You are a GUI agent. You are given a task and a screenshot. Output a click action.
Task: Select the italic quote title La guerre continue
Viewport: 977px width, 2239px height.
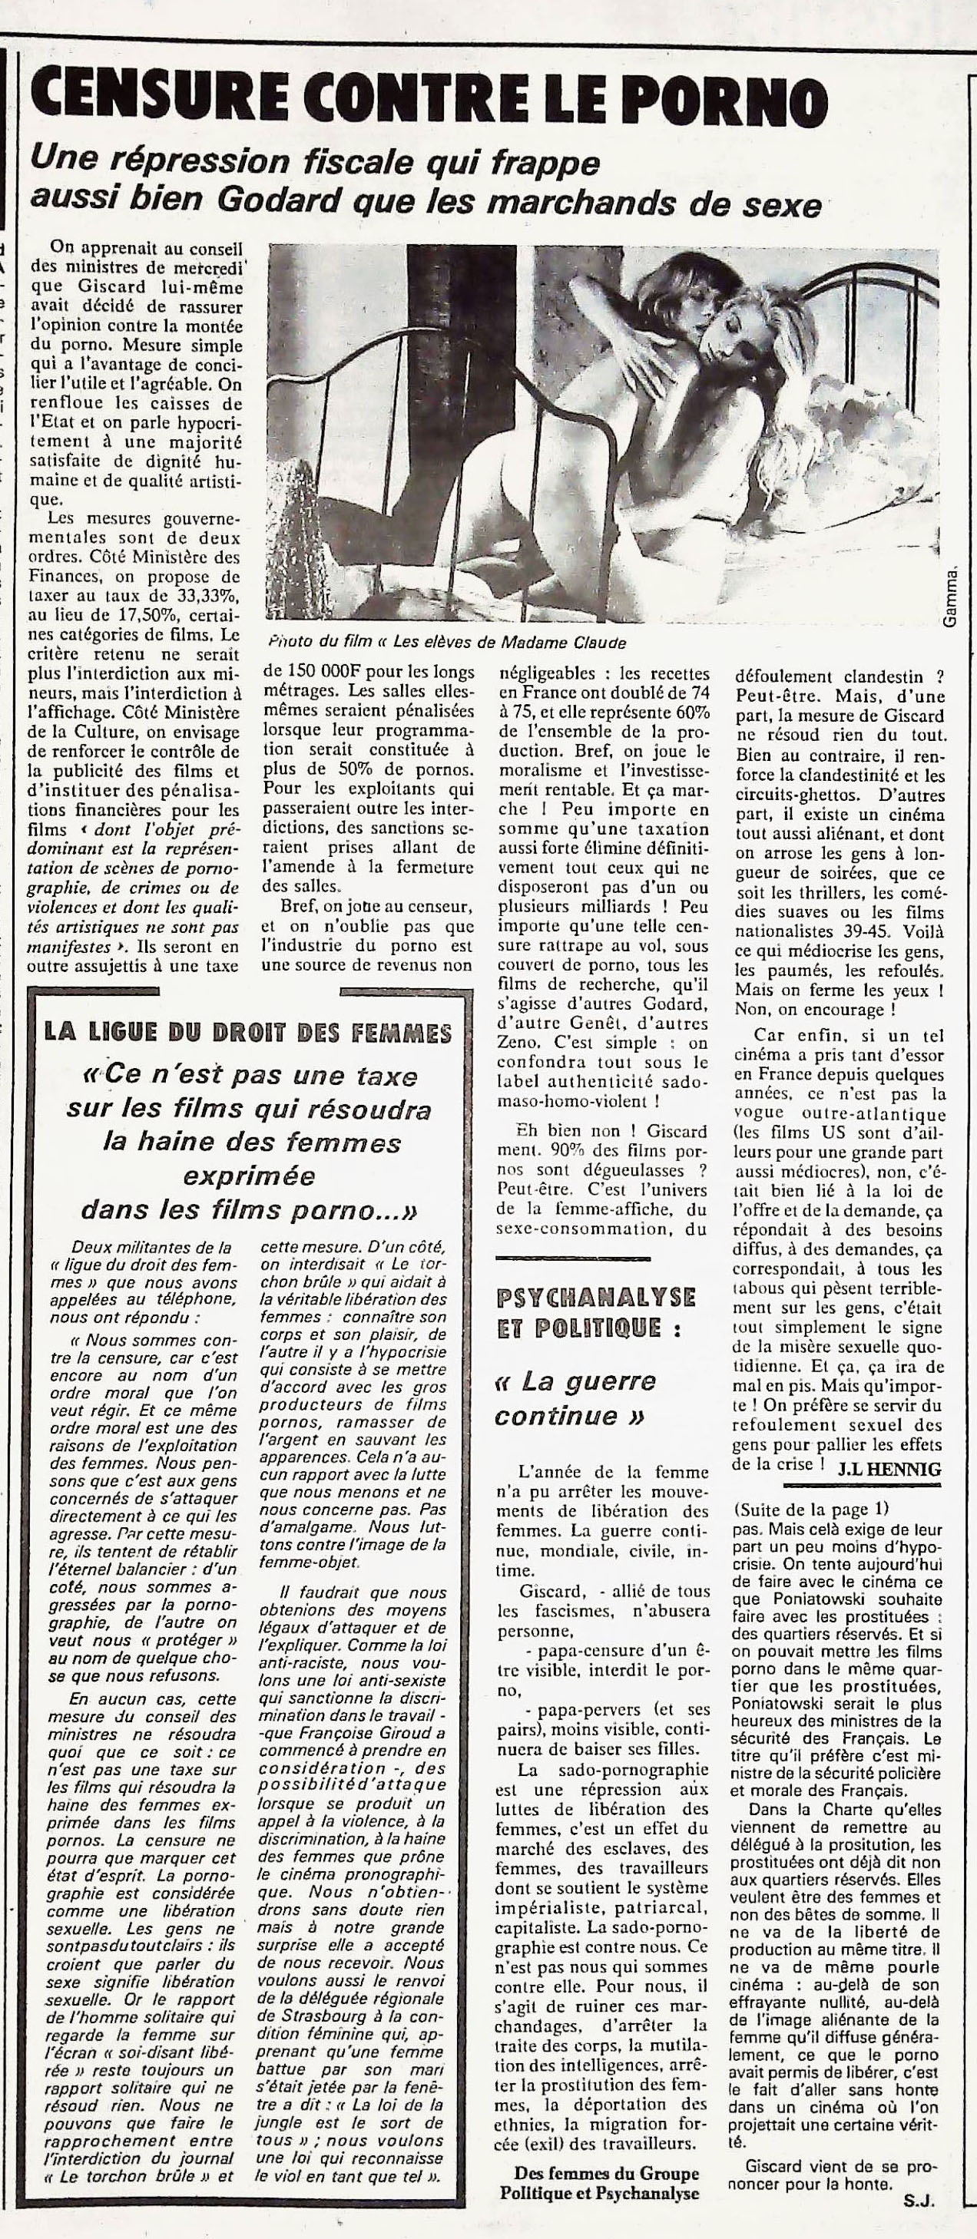(x=575, y=1398)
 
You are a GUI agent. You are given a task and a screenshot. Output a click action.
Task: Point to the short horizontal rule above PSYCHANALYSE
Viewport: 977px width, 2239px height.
(x=572, y=1258)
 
